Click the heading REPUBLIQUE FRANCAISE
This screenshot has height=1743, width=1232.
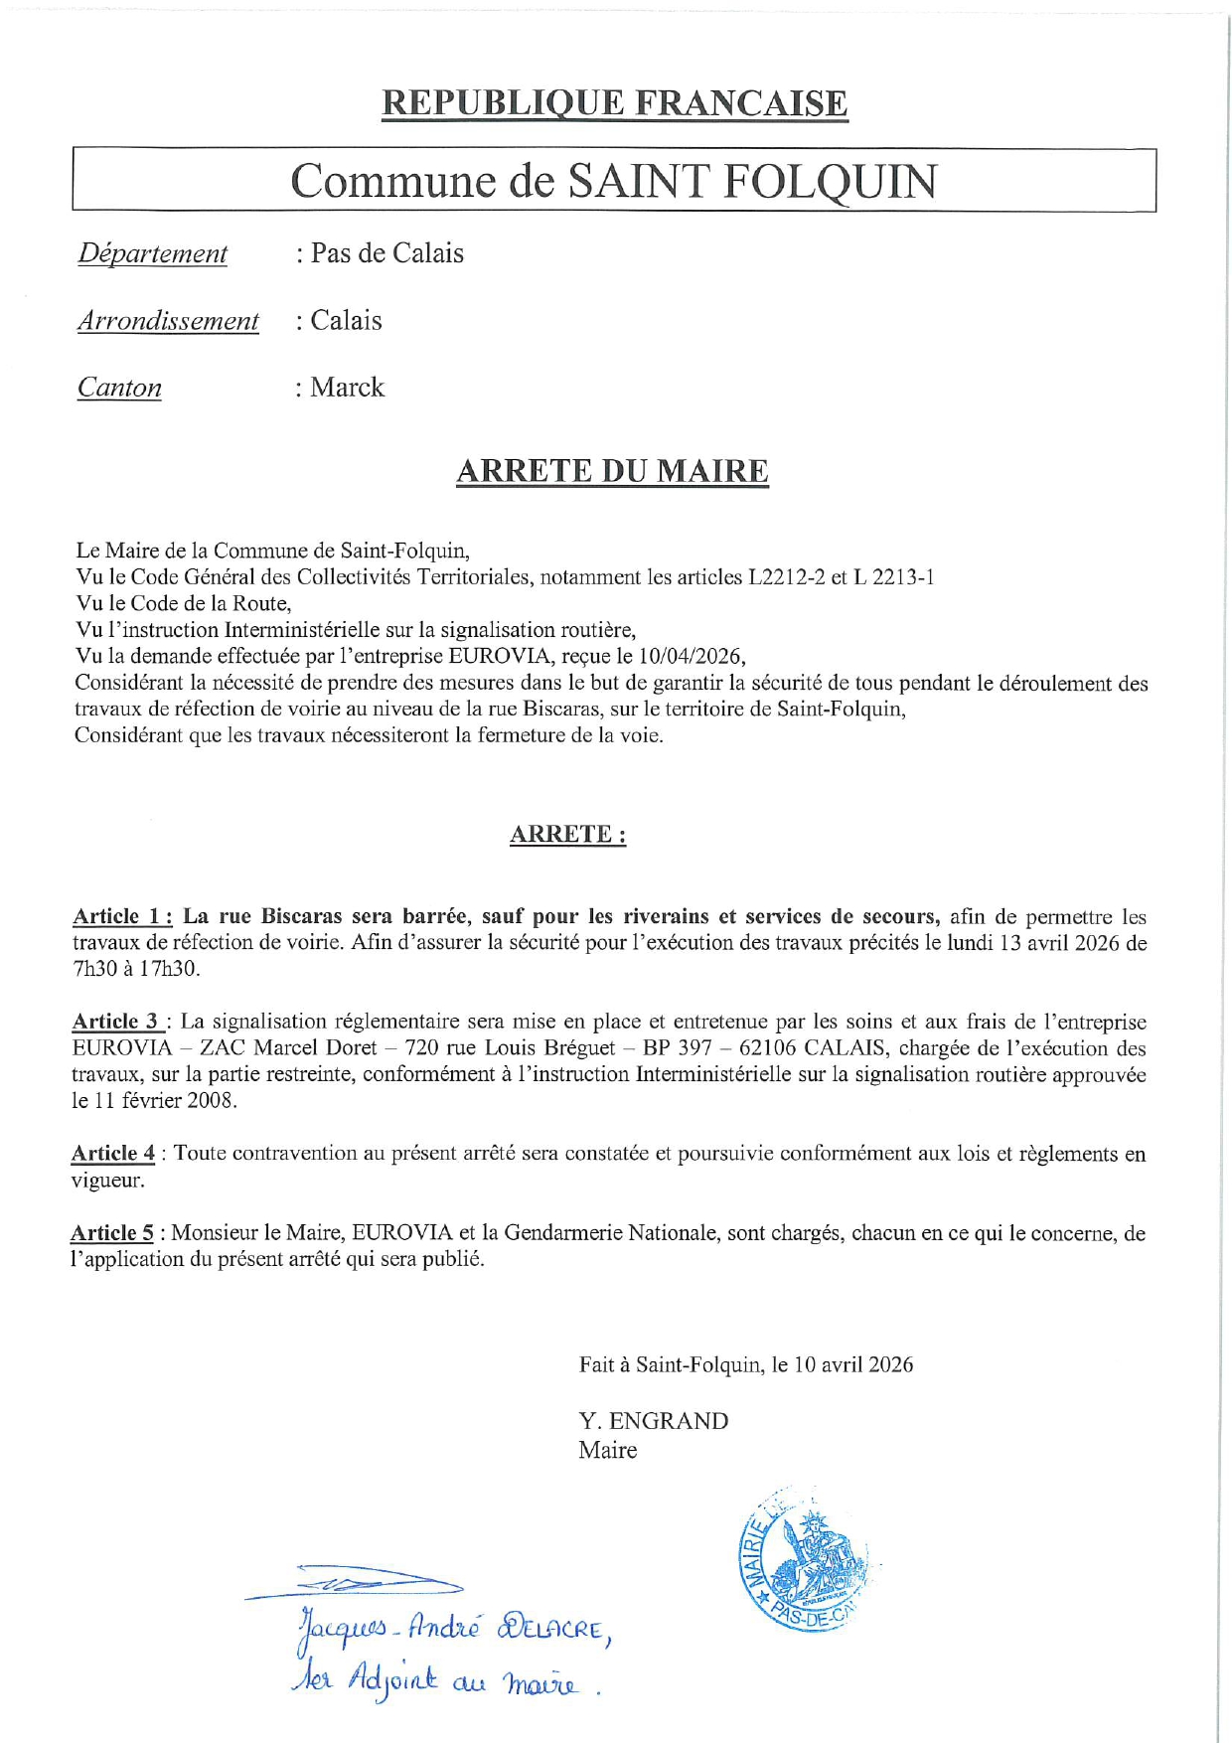click(614, 103)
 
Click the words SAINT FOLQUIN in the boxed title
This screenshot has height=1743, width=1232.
click(751, 181)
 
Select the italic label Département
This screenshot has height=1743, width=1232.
click(153, 254)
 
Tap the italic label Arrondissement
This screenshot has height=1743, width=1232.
click(168, 322)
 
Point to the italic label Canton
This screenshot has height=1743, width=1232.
click(119, 389)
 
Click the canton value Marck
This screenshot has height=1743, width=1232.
click(347, 388)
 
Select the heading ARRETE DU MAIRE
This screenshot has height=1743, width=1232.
click(612, 471)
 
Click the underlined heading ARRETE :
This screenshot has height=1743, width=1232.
click(567, 835)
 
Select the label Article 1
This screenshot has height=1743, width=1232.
click(122, 916)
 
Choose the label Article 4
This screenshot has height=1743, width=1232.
click(113, 1154)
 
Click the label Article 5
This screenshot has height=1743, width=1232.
click(112, 1233)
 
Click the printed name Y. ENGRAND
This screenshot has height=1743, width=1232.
click(654, 1421)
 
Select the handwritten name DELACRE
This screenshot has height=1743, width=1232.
click(552, 1631)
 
